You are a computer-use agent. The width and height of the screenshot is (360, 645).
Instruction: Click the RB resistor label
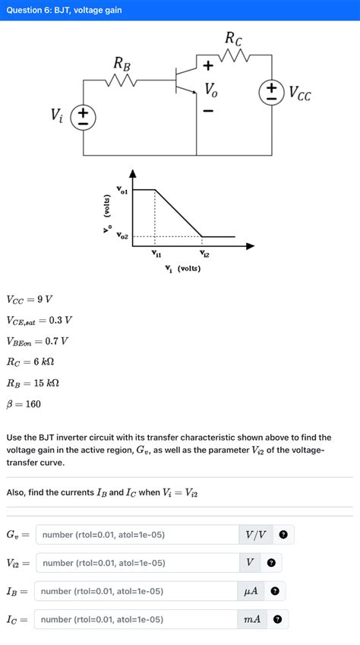[x=122, y=63]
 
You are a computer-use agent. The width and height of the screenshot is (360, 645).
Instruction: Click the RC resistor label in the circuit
[x=234, y=38]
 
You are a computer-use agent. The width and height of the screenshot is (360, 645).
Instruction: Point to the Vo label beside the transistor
[x=210, y=90]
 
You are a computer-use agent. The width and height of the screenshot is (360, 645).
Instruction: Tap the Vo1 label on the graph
[x=122, y=188]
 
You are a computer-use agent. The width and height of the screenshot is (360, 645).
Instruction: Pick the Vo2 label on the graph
[x=122, y=237]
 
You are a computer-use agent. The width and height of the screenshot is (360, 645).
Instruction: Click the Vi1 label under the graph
[x=156, y=255]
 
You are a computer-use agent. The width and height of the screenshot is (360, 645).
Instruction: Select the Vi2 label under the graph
[x=204, y=255]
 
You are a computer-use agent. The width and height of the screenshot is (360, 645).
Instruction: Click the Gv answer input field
[x=137, y=535]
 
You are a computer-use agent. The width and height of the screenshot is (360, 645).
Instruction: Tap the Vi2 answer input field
[x=137, y=563]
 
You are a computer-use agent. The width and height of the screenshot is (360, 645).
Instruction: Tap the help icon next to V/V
[x=283, y=535]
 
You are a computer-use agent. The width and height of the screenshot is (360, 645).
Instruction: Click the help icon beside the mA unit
[x=277, y=619]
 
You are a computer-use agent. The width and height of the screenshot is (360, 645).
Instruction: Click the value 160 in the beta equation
[x=32, y=404]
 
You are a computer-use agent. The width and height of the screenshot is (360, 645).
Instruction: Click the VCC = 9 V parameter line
[x=30, y=299]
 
